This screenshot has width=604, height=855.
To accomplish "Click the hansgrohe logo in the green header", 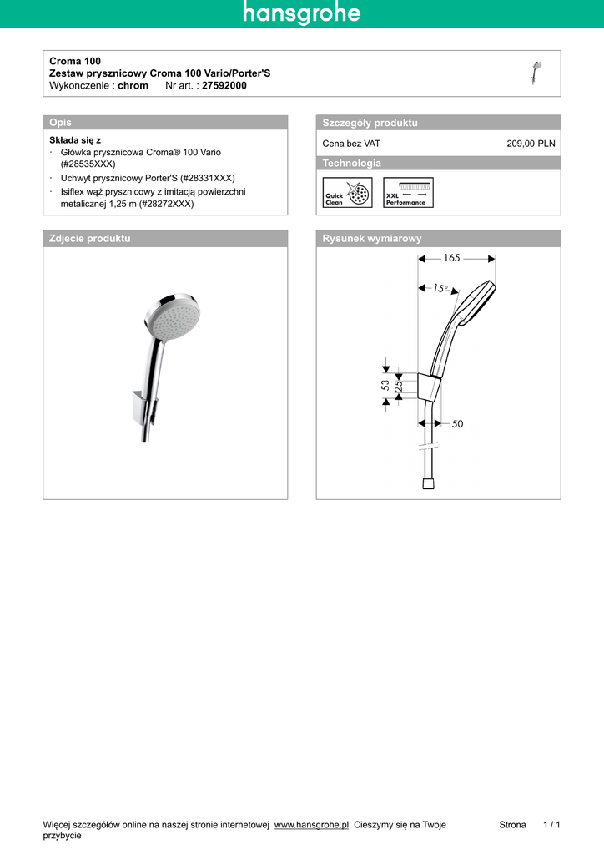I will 302,13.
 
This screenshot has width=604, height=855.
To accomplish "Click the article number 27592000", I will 224,85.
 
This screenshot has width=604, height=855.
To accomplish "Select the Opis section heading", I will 61,123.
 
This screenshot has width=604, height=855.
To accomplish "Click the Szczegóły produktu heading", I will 370,123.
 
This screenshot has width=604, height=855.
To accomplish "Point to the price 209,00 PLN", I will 531,144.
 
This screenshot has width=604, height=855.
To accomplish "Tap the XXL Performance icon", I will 408,193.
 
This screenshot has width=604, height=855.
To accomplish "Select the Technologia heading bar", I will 351,163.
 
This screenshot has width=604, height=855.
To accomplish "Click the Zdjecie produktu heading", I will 90,238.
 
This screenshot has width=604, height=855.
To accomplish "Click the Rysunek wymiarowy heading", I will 372,238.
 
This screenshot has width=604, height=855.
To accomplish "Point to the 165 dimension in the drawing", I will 451,258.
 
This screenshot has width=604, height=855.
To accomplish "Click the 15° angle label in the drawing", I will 440,288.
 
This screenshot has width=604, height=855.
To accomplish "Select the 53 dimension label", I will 385,385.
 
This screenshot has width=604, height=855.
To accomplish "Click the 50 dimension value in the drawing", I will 457,424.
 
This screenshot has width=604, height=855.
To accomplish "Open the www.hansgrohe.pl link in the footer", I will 311,825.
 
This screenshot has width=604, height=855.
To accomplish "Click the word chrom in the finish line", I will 133,85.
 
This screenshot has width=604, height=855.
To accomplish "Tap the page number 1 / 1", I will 551,825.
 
